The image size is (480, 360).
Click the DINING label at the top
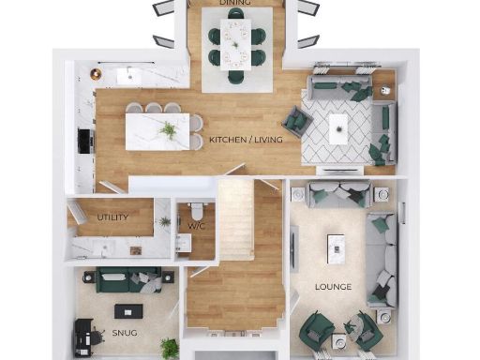pos(235,4)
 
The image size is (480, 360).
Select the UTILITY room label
pos(112,217)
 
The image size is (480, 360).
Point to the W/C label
pos(196,226)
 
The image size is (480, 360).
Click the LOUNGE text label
pos(333,286)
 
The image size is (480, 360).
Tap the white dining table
pos(235,41)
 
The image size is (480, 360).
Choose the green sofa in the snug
pos(117,279)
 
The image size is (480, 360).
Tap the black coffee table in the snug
pos(125,309)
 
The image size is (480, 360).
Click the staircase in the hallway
pos(235,221)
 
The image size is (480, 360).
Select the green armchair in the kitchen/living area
pos(295,120)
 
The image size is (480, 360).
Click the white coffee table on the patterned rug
pos(337,128)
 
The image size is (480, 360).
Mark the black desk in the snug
pos(82,335)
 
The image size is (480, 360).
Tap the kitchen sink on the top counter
pos(128,75)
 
